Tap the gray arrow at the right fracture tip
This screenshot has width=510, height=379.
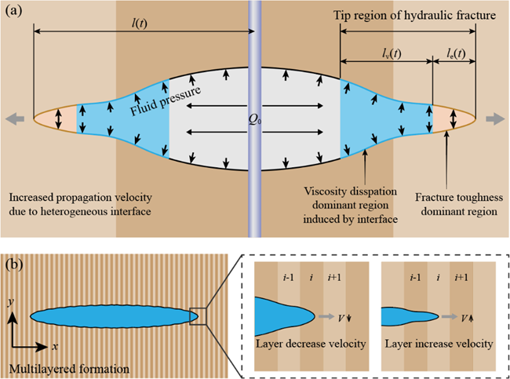(x=495, y=119)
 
